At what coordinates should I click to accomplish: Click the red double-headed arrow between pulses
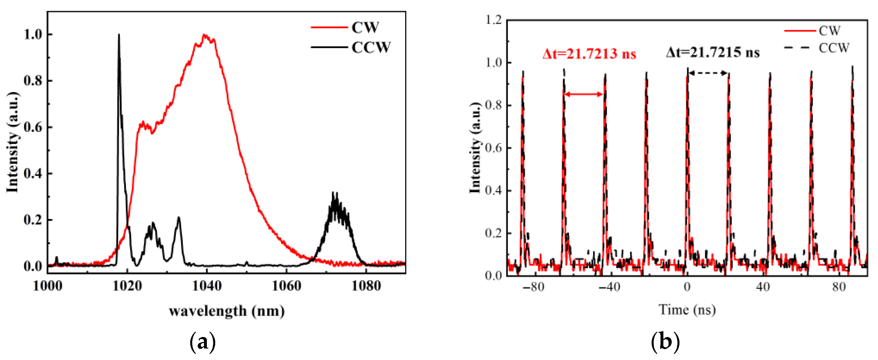coord(584,94)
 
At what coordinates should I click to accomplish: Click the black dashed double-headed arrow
coord(708,73)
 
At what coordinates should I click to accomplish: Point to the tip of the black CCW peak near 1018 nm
coord(119,35)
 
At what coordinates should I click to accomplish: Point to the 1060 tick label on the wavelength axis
coord(286,286)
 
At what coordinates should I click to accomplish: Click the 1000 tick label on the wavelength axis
coord(48,286)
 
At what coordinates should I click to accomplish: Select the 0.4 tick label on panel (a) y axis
coord(33,173)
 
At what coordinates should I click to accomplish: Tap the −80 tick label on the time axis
coord(534,287)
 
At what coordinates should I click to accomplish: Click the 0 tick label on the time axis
coord(687,287)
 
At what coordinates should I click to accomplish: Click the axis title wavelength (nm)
coord(227,311)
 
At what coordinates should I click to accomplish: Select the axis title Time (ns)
coord(687,310)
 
